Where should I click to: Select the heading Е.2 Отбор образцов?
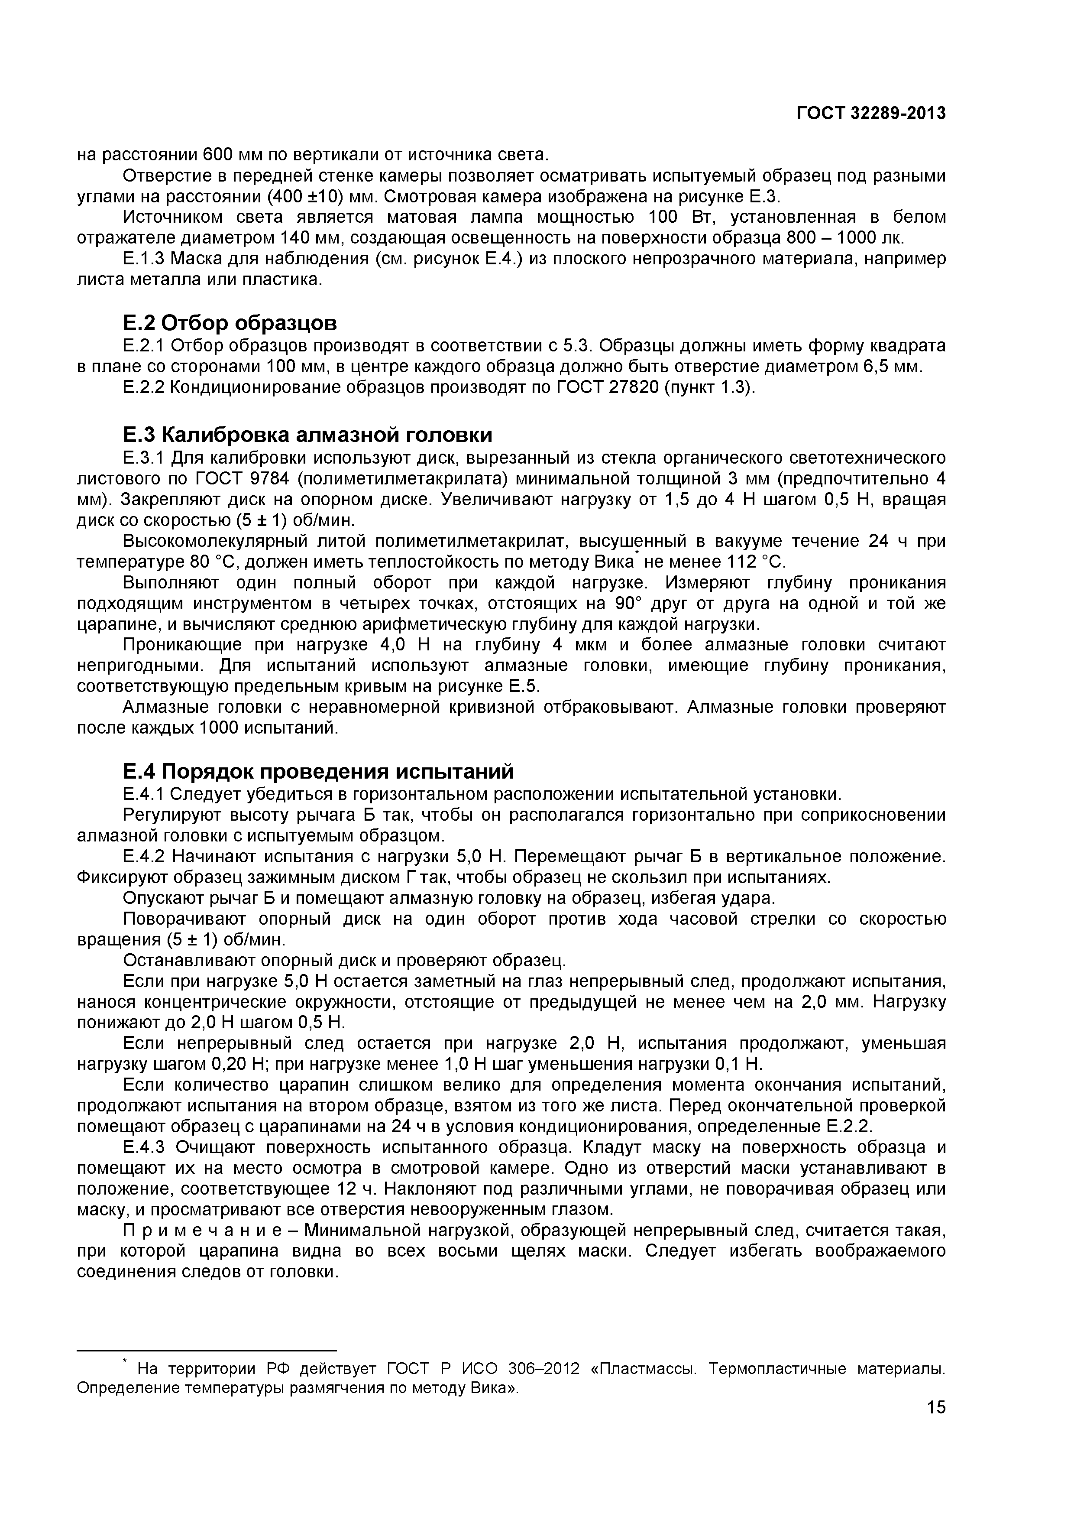click(x=230, y=323)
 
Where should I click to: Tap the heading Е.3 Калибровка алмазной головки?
click(x=308, y=435)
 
